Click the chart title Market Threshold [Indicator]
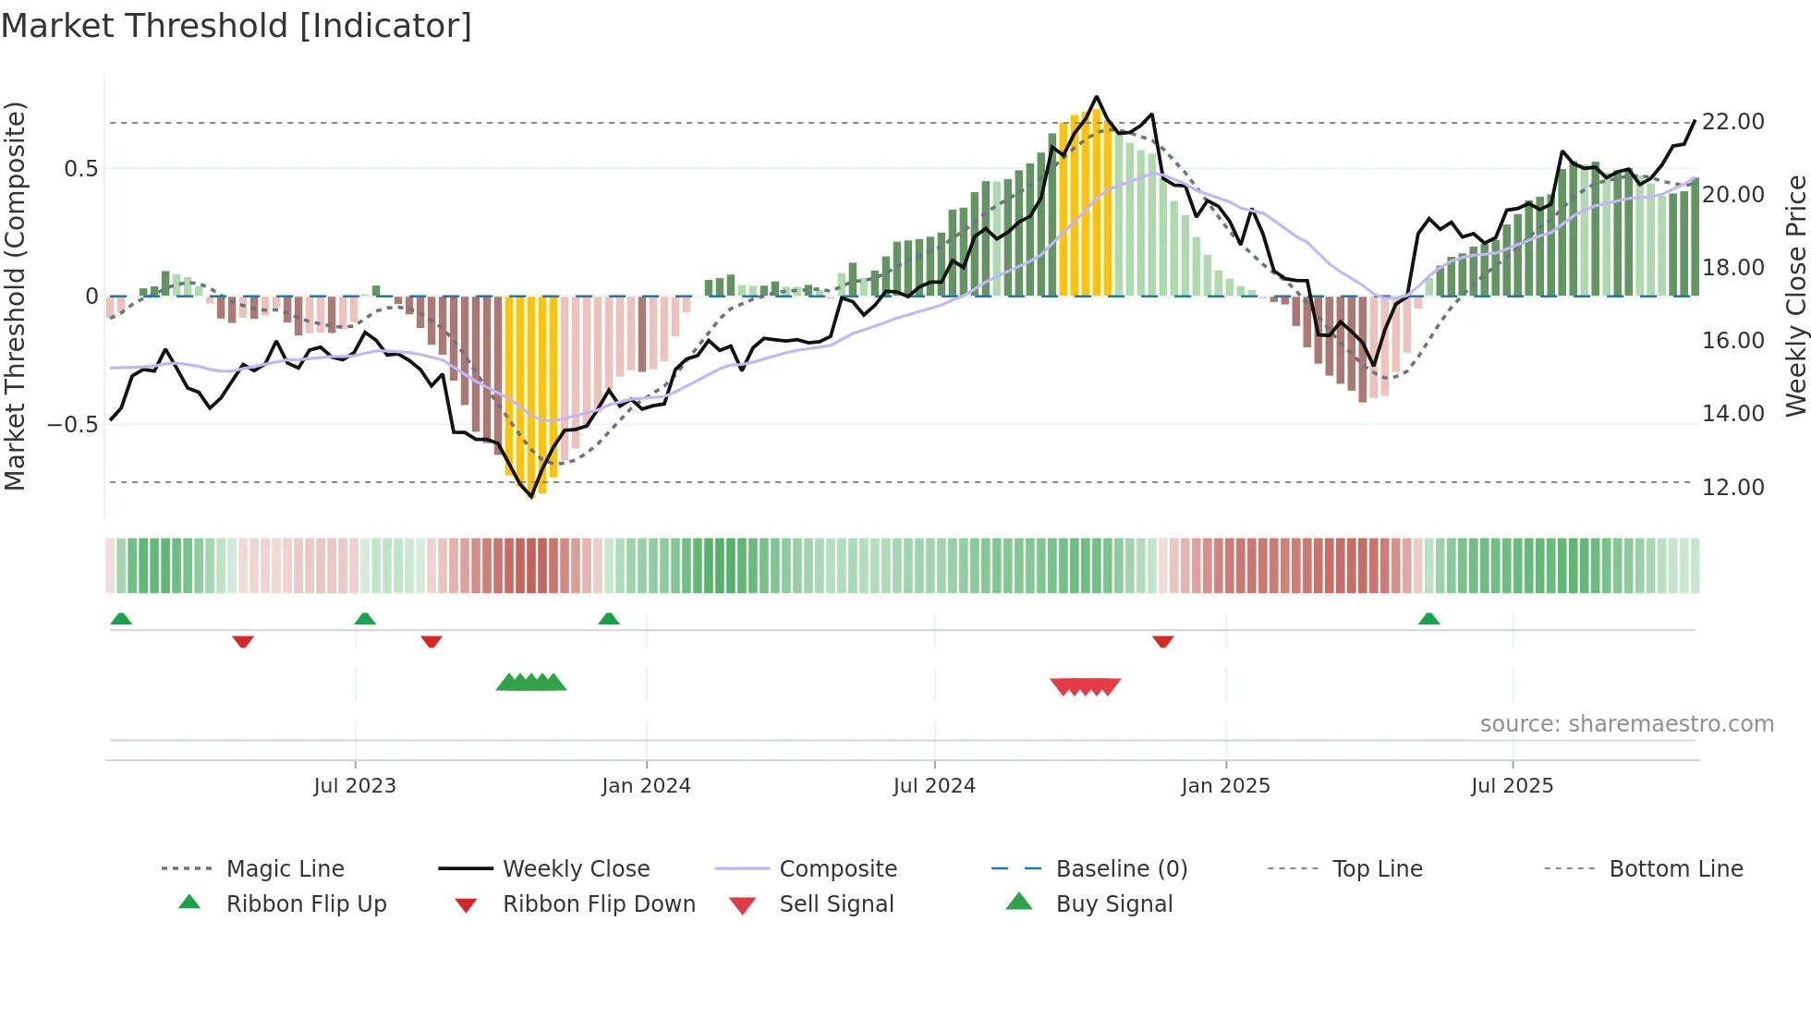237,26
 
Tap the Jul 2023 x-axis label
355,786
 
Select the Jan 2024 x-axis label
646,786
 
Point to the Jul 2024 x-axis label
934,786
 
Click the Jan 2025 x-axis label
1225,786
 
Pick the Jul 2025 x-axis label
1512,786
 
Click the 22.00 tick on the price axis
1732,122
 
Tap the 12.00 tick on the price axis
1732,487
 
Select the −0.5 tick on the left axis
73,425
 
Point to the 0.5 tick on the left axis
80,169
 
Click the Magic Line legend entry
285,869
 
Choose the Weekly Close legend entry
576,869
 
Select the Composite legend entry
837,869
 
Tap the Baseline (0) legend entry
1121,869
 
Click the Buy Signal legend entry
1113,904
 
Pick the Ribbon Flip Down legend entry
598,904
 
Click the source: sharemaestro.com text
1626,724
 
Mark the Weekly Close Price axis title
1795,296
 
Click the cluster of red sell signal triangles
1086,686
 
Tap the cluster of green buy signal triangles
531,683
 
